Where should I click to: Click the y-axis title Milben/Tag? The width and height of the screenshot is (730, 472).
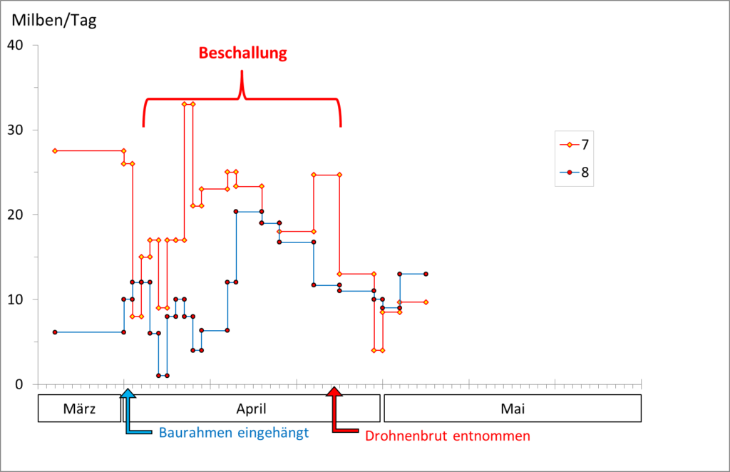pos(53,20)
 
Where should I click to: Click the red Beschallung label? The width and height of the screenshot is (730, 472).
pos(242,53)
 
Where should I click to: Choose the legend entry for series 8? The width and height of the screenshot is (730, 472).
pos(574,172)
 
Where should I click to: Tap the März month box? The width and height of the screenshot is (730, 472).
pos(79,409)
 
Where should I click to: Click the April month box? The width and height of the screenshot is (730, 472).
pos(251,409)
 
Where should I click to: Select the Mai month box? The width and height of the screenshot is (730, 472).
pos(513,409)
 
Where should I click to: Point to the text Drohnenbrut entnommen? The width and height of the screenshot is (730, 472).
pos(448,436)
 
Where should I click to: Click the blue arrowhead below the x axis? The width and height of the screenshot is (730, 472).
pos(127,393)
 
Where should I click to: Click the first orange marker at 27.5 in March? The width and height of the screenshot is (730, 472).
pos(55,150)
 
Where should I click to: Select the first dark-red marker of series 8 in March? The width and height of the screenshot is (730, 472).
pos(55,332)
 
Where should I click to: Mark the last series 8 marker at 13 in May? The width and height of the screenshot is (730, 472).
pos(426,274)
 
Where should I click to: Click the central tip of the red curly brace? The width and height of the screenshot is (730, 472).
pos(242,72)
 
